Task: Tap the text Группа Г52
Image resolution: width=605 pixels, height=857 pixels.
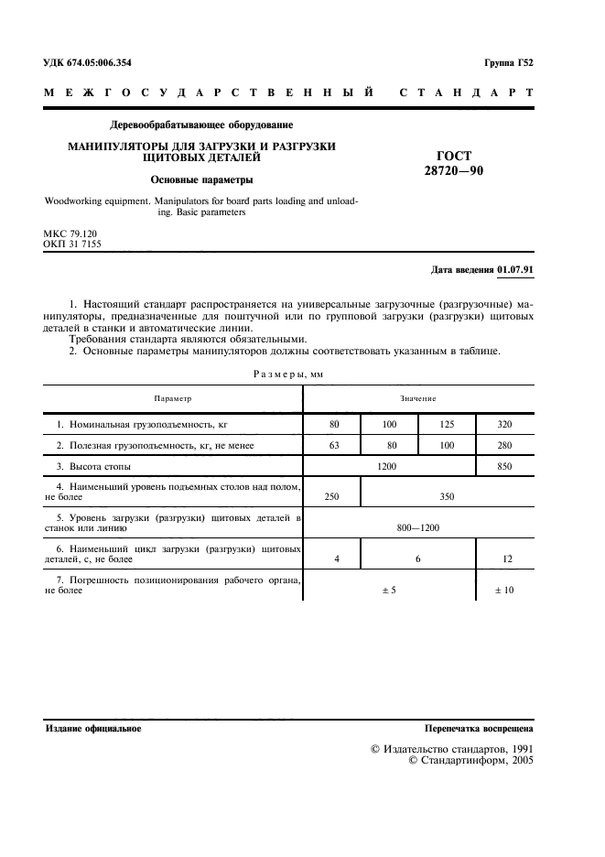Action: click(x=509, y=62)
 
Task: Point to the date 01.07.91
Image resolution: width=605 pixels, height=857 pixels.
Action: click(x=515, y=270)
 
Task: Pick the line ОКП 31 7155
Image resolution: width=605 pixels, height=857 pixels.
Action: click(x=72, y=245)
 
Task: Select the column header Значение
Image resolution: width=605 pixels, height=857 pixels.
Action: click(x=417, y=398)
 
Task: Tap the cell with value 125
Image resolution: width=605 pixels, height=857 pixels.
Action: click(x=447, y=425)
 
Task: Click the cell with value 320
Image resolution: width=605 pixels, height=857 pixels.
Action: click(x=504, y=425)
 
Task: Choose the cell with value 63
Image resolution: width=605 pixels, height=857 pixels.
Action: click(x=331, y=446)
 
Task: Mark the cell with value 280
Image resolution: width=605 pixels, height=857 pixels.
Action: click(x=504, y=446)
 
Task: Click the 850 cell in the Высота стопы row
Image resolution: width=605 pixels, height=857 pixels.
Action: click(x=504, y=467)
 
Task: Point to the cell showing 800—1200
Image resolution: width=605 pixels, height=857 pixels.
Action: click(x=417, y=528)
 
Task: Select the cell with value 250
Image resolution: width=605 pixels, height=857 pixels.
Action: click(x=331, y=497)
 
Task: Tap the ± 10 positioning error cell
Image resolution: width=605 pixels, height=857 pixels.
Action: click(x=504, y=591)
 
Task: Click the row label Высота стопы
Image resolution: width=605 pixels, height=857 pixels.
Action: click(x=94, y=467)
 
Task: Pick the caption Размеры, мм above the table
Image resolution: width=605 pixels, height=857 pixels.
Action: click(x=288, y=374)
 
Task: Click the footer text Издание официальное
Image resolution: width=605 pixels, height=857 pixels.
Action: click(x=92, y=729)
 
